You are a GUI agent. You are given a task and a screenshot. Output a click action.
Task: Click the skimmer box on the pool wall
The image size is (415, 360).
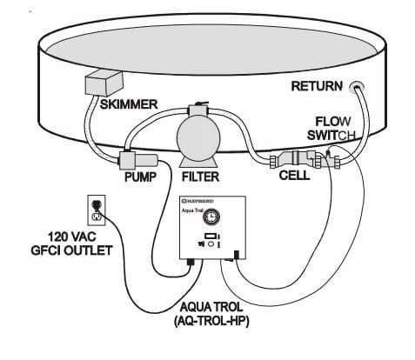click(104, 83)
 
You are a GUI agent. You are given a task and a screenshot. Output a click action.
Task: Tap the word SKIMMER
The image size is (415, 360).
click(129, 104)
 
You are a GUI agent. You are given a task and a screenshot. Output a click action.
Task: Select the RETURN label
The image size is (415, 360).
click(317, 86)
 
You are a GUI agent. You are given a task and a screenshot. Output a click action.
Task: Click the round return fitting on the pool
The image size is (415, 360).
click(357, 87)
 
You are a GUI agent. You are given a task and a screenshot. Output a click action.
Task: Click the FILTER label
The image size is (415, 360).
click(200, 177)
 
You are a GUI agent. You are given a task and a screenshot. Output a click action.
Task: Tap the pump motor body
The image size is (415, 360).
click(138, 161)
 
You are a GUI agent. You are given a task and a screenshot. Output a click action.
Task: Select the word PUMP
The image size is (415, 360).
click(140, 177)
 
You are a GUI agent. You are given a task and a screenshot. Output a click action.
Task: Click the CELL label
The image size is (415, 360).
click(294, 176)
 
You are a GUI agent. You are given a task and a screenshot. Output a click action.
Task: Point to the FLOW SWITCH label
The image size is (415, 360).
click(331, 129)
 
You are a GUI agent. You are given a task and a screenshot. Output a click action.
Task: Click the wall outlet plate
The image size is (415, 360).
click(97, 210)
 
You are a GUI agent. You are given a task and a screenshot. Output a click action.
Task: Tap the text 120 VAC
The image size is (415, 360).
click(71, 237)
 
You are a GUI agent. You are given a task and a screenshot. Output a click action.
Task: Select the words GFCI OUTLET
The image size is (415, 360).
click(71, 250)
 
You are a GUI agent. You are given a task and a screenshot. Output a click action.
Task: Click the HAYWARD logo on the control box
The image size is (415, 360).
click(197, 201)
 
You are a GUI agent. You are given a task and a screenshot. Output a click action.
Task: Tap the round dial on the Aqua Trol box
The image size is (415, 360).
click(211, 217)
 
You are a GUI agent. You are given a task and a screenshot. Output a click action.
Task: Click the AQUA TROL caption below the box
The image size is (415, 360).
click(211, 307)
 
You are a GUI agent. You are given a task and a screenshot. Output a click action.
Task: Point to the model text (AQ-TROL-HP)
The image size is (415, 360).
click(211, 321)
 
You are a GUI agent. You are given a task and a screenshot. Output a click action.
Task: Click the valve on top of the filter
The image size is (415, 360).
click(198, 110)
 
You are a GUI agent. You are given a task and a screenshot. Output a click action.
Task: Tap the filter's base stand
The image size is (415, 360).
click(198, 162)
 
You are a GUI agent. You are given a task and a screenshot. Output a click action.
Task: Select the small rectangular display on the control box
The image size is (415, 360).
click(210, 237)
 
